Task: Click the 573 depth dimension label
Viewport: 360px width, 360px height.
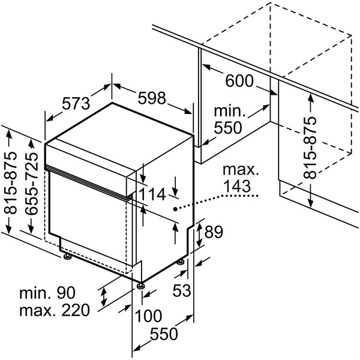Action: click(x=76, y=103)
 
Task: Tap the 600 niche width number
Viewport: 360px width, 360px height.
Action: click(x=240, y=82)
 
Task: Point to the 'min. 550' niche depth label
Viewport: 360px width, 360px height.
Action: click(x=228, y=119)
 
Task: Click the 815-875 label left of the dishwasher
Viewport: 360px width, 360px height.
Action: click(x=10, y=184)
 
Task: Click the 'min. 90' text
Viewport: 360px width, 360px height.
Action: click(x=46, y=293)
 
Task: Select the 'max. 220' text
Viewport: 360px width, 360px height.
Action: click(x=54, y=310)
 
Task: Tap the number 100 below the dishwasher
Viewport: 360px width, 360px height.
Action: click(x=149, y=316)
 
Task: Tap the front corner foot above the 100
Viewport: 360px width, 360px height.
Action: click(x=140, y=285)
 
